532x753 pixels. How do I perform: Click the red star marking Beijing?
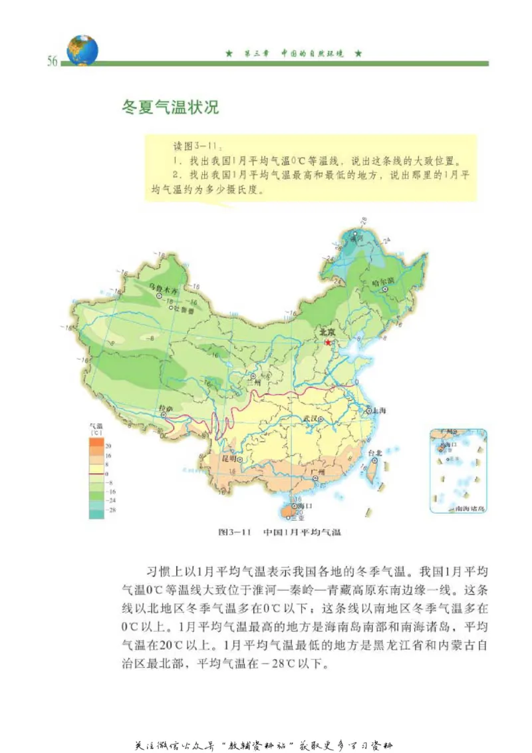click(327, 342)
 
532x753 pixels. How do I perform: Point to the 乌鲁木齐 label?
click(162, 291)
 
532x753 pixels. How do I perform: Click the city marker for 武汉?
click(321, 419)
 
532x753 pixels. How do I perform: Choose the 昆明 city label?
click(229, 458)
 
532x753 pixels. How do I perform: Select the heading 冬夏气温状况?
click(170, 106)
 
